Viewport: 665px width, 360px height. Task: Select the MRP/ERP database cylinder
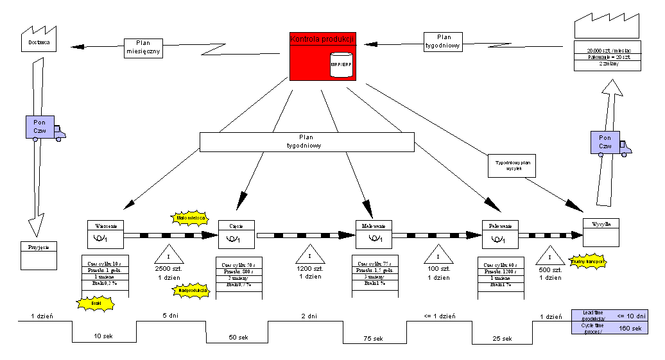click(x=341, y=65)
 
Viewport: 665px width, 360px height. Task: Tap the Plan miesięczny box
click(x=143, y=48)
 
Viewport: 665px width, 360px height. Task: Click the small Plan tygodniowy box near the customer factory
click(x=443, y=42)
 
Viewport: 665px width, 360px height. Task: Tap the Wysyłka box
click(x=601, y=232)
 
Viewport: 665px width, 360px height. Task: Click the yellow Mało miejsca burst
click(x=189, y=218)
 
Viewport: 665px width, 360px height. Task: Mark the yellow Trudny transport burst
click(x=588, y=262)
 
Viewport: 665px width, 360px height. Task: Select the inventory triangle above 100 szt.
click(x=438, y=253)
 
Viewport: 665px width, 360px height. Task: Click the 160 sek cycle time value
click(x=629, y=328)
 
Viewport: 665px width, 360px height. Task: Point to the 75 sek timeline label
click(x=373, y=339)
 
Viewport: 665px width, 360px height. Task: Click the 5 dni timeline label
click(x=170, y=316)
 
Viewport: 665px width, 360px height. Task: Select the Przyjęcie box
click(x=39, y=255)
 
